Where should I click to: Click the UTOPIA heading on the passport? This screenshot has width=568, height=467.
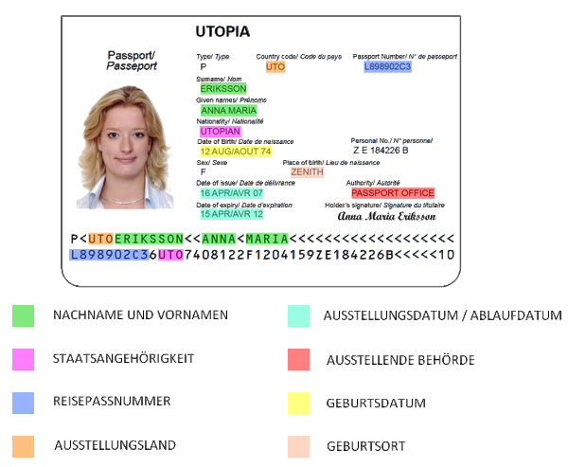[222, 32]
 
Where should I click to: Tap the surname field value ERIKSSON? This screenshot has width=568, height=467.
[223, 88]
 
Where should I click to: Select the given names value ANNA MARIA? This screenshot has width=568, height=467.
[229, 110]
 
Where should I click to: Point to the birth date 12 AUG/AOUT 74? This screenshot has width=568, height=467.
[235, 152]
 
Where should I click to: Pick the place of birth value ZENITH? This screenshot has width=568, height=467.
[307, 172]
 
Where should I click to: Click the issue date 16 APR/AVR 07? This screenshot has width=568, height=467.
[231, 193]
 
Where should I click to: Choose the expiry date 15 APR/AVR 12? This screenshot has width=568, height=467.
[231, 214]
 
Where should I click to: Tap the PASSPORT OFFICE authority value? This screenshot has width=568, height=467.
[392, 193]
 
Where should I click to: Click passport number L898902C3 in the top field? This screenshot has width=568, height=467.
[387, 67]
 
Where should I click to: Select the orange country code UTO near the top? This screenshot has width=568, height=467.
[275, 67]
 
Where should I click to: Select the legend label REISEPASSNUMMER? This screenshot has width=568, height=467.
[112, 402]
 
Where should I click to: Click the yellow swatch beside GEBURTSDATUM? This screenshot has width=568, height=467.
[299, 402]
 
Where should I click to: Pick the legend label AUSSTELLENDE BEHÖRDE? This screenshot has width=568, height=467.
[399, 360]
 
